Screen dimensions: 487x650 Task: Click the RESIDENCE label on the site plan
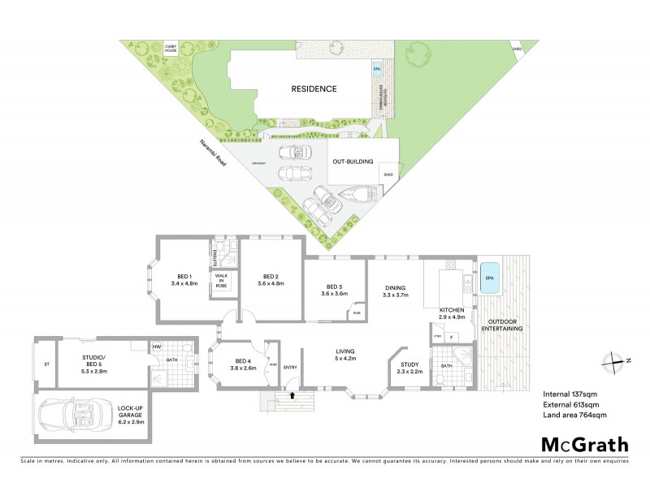point(314,89)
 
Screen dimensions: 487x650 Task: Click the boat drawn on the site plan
point(358,193)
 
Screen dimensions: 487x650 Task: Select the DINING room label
point(395,287)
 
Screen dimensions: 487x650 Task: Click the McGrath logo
point(584,444)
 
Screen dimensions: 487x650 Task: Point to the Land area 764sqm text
point(574,415)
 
